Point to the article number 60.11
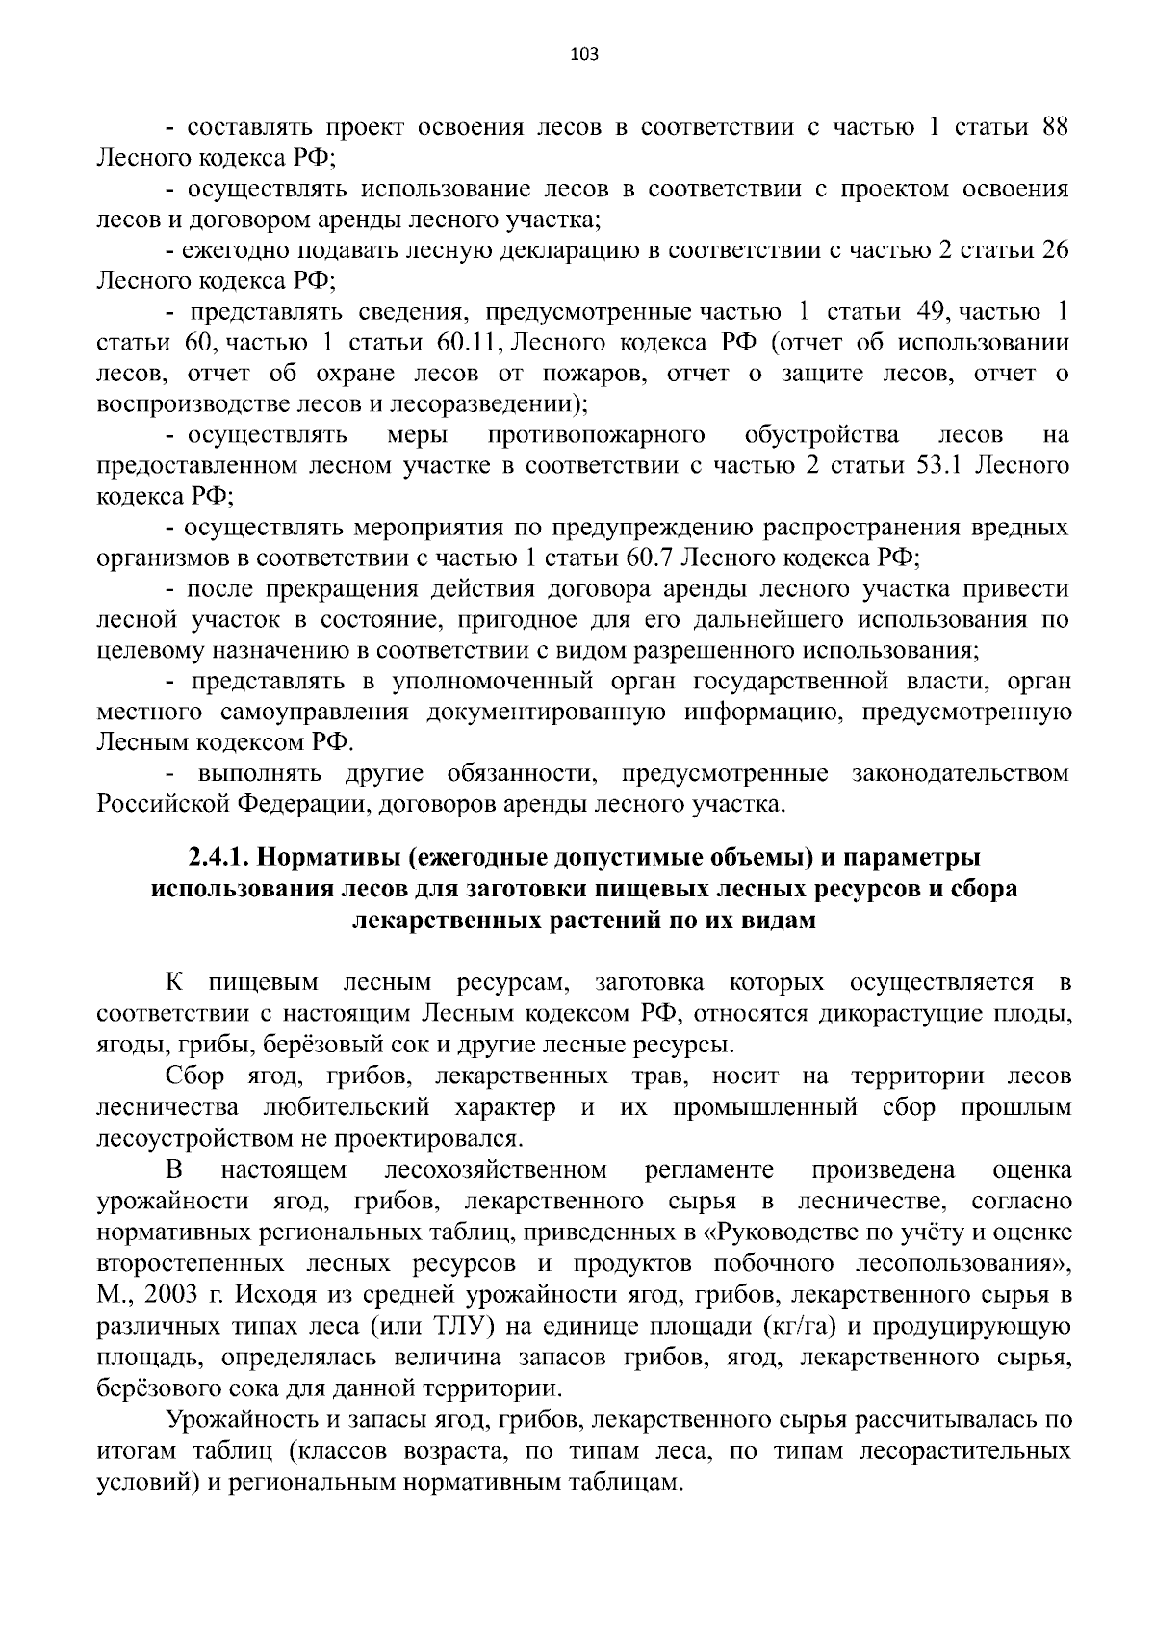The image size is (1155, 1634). pyautogui.click(x=464, y=343)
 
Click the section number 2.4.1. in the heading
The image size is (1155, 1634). pyautogui.click(x=218, y=858)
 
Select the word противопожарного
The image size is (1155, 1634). pyautogui.click(x=597, y=435)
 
